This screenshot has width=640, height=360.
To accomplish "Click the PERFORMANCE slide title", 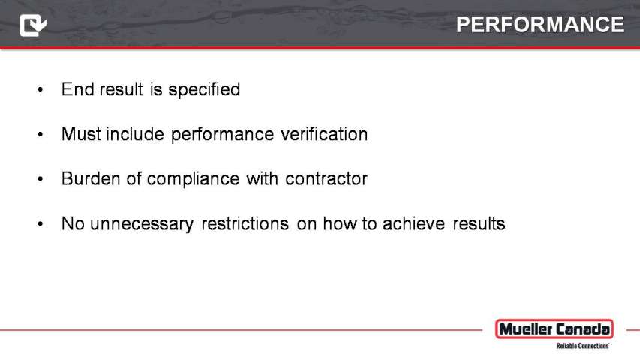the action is (x=540, y=25).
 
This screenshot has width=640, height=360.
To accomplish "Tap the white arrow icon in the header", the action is (x=33, y=25).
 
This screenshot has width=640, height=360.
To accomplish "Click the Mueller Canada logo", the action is (x=554, y=329).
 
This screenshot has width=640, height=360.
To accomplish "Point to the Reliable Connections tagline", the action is (x=582, y=346).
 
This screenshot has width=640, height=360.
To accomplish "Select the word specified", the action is (x=204, y=90).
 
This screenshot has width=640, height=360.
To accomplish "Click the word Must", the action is (x=81, y=134).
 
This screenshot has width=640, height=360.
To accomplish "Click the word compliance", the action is (x=193, y=179).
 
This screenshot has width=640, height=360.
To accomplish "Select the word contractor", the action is (x=326, y=179).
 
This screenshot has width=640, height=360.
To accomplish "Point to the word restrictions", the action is (x=245, y=223).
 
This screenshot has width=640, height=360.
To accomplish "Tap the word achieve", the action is (x=413, y=223).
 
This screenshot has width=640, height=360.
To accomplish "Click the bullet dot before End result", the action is (x=40, y=89).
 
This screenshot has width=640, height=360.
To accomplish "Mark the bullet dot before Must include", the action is (x=40, y=134).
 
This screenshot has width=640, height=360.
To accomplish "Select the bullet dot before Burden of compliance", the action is (x=40, y=178).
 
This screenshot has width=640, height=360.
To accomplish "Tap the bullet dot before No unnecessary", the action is (x=40, y=223).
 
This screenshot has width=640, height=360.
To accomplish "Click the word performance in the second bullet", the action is (x=222, y=135).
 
